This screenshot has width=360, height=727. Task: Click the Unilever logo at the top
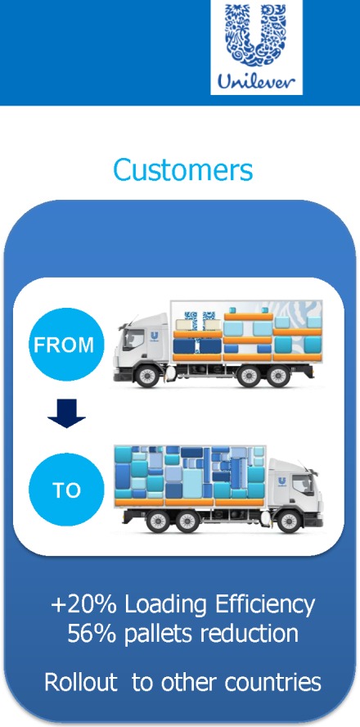pyautogui.click(x=256, y=47)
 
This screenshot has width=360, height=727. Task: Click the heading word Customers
pyautogui.click(x=183, y=169)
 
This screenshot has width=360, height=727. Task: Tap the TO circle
pyautogui.click(x=67, y=490)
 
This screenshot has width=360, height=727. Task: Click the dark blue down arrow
pyautogui.click(x=67, y=413)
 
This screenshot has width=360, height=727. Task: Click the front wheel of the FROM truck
pyautogui.click(x=147, y=376)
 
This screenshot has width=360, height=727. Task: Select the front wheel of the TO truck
pyautogui.click(x=290, y=522)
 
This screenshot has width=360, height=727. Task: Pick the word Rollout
pyautogui.click(x=81, y=682)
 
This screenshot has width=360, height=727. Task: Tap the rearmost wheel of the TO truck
pyautogui.click(x=158, y=522)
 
